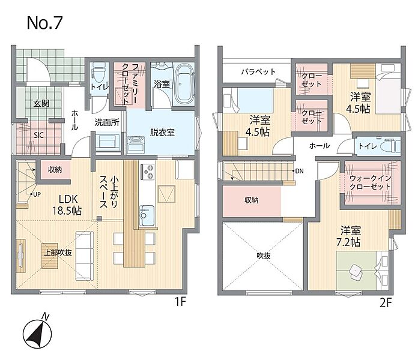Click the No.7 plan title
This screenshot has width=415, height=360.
44,23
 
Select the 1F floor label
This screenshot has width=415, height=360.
181,302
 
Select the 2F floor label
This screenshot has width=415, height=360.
386,303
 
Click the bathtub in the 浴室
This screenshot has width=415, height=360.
185,84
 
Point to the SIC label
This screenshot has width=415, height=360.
38,135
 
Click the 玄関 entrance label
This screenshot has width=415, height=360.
41,104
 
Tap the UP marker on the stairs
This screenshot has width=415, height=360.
37,194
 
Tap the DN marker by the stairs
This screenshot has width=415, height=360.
299,171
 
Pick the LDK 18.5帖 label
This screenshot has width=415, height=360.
67,205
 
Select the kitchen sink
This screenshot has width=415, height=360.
147,215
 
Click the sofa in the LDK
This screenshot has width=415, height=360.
85,256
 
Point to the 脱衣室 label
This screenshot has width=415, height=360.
162,133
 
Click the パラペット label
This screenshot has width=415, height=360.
258,71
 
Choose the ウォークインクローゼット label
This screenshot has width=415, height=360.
370,182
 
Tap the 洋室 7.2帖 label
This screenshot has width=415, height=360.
350,236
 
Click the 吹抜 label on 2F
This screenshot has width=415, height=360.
264,256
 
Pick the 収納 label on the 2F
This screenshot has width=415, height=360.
251,200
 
